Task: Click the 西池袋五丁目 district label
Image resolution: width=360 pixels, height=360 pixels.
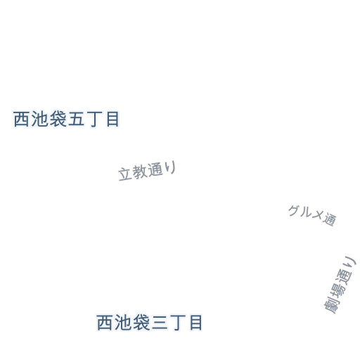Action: pyautogui.click(x=66, y=119)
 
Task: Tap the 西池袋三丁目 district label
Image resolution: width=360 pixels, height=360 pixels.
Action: pyautogui.click(x=149, y=323)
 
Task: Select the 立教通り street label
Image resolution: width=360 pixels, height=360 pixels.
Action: pyautogui.click(x=147, y=171)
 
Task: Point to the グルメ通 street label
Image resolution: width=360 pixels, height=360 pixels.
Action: pyautogui.click(x=312, y=216)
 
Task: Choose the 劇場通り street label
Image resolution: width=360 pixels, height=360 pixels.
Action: pyautogui.click(x=340, y=285)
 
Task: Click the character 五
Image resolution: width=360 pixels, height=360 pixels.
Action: pyautogui.click(x=76, y=119)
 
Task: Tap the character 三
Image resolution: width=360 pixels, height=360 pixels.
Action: pyautogui.click(x=160, y=323)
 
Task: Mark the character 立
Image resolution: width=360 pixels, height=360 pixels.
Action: pyautogui.click(x=124, y=174)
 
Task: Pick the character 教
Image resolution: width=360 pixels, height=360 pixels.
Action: pyautogui.click(x=140, y=172)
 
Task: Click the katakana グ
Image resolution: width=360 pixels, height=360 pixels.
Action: pyautogui.click(x=294, y=210)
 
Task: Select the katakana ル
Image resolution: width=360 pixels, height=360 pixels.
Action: pyautogui.click(x=306, y=212)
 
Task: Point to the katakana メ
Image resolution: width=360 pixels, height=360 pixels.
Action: pyautogui.click(x=318, y=215)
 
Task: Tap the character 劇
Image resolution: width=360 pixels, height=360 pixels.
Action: pyautogui.click(x=332, y=306)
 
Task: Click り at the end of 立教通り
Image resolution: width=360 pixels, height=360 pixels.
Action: pyautogui.click(x=171, y=167)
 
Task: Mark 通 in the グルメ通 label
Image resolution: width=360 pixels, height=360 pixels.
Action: pyautogui.click(x=330, y=219)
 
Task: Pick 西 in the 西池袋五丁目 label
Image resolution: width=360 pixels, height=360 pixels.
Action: pyautogui.click(x=21, y=119)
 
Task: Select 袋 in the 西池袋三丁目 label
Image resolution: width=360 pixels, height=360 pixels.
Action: pyautogui.click(x=141, y=323)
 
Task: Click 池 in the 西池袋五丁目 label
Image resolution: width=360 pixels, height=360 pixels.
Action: pyautogui.click(x=39, y=119)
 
